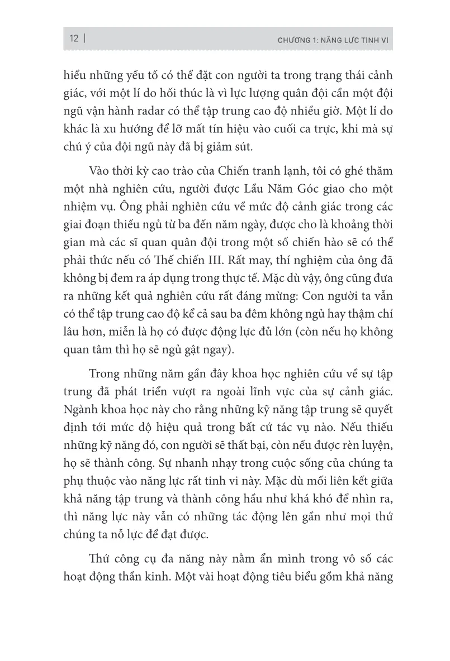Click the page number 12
tap(73, 39)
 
